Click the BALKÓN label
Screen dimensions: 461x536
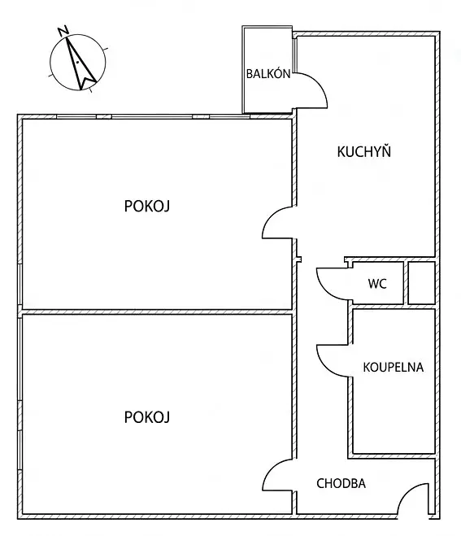(268, 73)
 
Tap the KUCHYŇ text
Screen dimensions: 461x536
(364, 151)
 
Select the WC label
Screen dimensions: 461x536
(377, 283)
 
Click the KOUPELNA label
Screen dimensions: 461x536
(393, 367)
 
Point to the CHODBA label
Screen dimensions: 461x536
(341, 483)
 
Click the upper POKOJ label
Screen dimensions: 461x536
(147, 206)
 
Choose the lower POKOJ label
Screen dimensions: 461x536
(147, 417)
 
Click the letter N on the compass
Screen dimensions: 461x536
(63, 31)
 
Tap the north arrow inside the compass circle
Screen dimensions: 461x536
(80, 64)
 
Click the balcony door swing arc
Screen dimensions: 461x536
(319, 84)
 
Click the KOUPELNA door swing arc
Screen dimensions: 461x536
(324, 368)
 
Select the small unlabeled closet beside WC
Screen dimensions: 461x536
(422, 283)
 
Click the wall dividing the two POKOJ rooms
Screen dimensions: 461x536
(157, 312)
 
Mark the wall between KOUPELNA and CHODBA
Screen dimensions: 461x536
(392, 456)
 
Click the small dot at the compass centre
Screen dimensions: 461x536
(78, 63)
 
